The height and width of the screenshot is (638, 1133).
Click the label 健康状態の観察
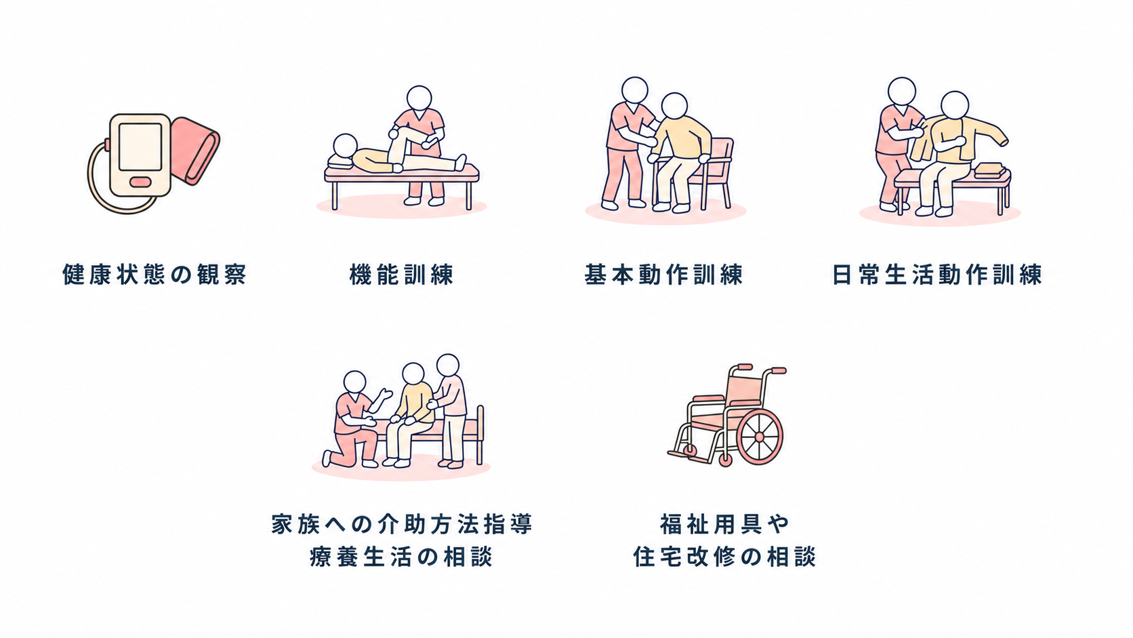pos(154,275)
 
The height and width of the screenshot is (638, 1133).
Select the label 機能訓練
pos(402,275)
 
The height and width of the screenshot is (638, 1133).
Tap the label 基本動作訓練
pos(663,275)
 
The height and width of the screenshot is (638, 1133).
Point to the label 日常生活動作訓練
pos(937,275)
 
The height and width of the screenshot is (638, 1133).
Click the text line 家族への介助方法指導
pos(402,524)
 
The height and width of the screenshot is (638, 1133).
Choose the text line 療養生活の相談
pos(401,557)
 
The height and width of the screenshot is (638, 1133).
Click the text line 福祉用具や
pos(724,524)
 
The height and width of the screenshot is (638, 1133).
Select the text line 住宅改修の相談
pos(724,557)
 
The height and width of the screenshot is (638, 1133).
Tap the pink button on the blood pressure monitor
pos(140,181)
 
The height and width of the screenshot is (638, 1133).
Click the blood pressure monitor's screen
pos(140,147)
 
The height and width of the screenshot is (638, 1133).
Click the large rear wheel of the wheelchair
pos(759,437)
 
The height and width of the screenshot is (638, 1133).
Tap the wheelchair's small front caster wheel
pos(725,460)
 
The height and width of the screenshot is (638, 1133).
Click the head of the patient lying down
pos(346,146)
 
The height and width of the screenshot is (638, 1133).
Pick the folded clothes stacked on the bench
pos(990,170)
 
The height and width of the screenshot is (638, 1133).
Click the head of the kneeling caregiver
pos(354,382)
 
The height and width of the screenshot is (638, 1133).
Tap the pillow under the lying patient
pos(341,161)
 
